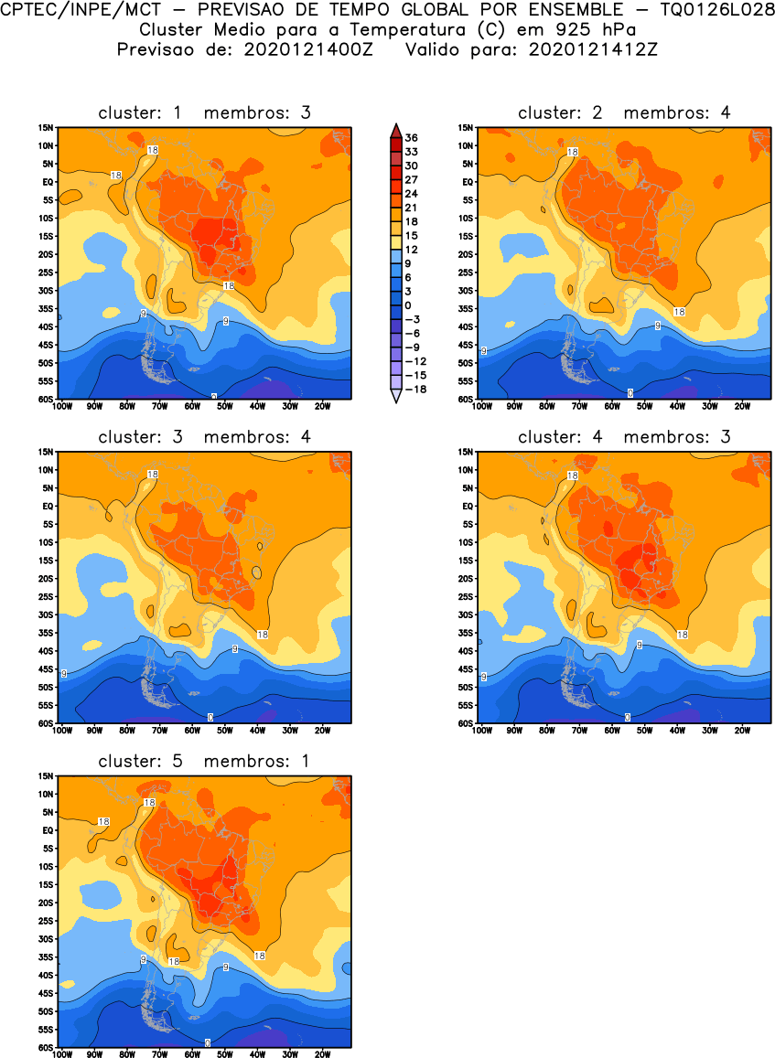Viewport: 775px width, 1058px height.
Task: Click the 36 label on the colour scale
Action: [x=412, y=137]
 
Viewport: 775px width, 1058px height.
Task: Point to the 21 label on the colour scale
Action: [x=412, y=207]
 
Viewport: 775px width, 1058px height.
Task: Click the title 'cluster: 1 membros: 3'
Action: [x=205, y=112]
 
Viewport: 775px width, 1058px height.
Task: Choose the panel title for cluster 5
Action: [x=205, y=761]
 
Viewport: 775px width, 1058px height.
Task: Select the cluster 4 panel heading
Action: [x=625, y=437]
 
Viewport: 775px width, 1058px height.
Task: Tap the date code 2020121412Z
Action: [x=591, y=48]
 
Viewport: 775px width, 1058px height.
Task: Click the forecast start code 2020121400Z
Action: [x=307, y=48]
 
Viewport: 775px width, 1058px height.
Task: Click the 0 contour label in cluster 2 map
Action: [x=630, y=392]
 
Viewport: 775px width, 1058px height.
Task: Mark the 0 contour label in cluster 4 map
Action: [x=628, y=717]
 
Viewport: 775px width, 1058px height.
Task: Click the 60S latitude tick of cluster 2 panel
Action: [x=467, y=400]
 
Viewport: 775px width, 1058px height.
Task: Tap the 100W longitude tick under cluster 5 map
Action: [x=62, y=1054]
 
